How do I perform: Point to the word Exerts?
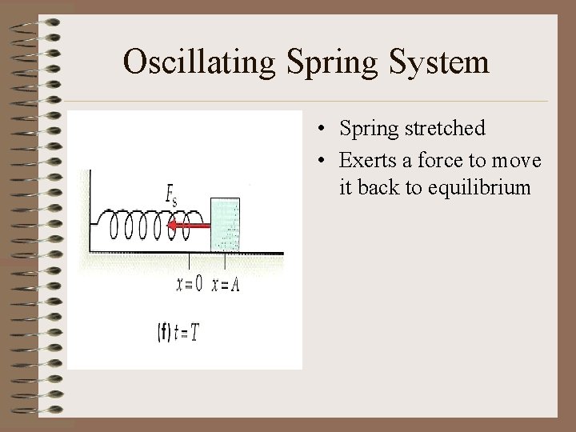(x=366, y=161)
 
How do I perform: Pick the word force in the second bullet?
(x=440, y=161)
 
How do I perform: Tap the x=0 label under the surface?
(x=189, y=283)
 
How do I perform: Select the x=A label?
(x=226, y=283)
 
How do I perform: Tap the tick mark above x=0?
(x=189, y=262)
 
